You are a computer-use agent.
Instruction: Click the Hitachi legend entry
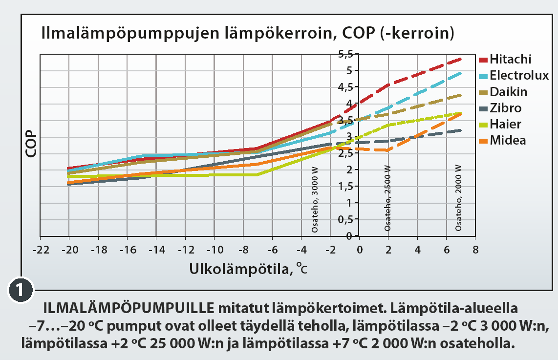tap(510, 60)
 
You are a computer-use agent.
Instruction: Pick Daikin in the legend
tap(509, 92)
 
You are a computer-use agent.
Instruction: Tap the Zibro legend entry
tap(505, 108)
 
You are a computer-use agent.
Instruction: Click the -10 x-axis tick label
tap(214, 250)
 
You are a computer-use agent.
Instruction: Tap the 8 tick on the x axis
tap(474, 250)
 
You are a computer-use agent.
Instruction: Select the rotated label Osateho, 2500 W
tap(387, 198)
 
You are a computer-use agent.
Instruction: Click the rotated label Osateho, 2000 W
tap(458, 198)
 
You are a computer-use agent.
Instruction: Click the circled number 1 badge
tap(21, 290)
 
